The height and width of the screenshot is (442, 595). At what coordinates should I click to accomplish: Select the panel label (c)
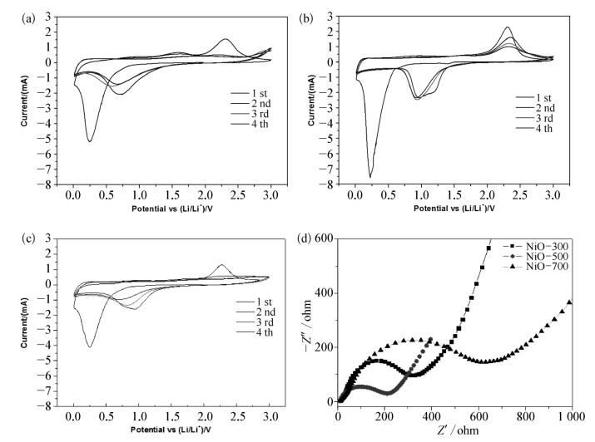12,240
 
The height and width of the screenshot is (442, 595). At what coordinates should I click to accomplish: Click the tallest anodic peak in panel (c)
221,265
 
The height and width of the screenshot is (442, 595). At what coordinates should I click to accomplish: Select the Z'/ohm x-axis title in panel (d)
454,432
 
